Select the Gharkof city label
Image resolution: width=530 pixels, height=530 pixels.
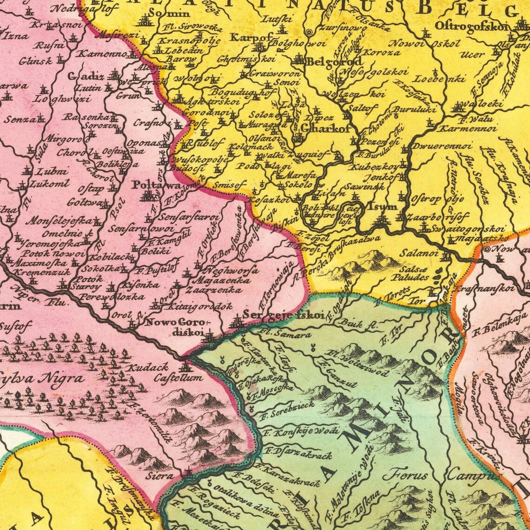325,129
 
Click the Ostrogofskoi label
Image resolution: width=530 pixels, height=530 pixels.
471,26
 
